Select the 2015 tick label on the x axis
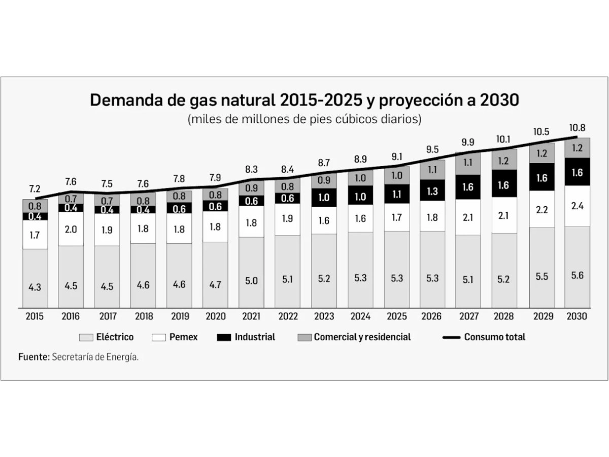(35, 316)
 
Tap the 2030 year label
(577, 316)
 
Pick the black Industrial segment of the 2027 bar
(468, 187)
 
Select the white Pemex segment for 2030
(577, 206)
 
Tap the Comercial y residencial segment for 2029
(542, 153)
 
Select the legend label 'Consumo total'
(494, 337)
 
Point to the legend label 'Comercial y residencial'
(362, 337)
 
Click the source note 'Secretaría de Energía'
(95, 357)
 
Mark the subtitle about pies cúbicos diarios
(304, 120)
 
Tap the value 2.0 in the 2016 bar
(71, 229)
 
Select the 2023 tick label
(323, 316)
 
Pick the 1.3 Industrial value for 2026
(432, 191)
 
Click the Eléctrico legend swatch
(86, 337)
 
